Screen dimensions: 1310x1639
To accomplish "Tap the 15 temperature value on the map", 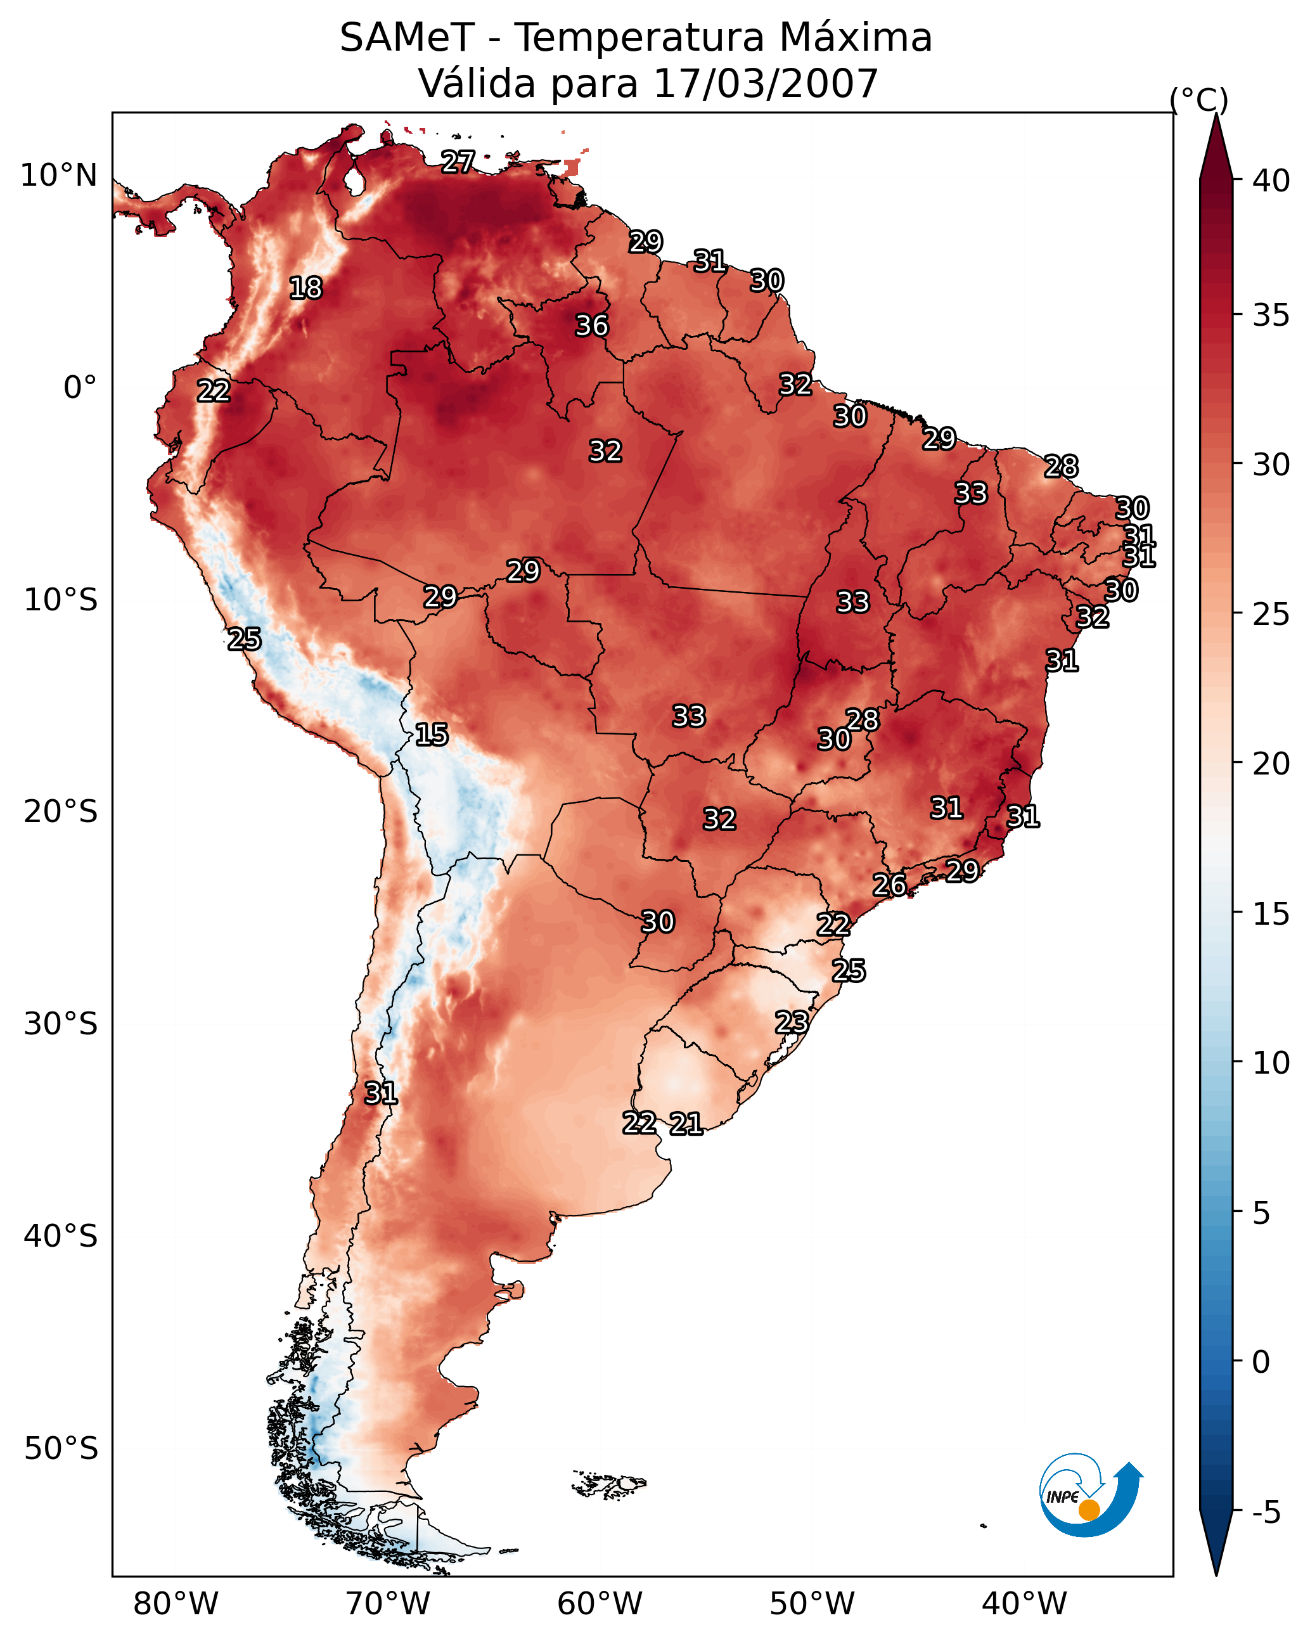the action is (431, 735).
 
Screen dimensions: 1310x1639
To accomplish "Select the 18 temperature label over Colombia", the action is (305, 288).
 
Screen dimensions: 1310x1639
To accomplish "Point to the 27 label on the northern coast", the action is (458, 162).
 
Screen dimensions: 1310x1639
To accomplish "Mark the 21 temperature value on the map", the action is (686, 1124).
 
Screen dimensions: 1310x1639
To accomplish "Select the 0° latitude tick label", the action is (80, 388).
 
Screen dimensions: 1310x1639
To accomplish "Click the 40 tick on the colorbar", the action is (1271, 181).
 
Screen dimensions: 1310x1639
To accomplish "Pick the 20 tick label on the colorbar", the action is (1271, 764).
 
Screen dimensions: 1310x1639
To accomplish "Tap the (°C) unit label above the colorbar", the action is (1199, 100).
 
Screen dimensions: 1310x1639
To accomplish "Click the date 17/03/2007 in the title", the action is (766, 84).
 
